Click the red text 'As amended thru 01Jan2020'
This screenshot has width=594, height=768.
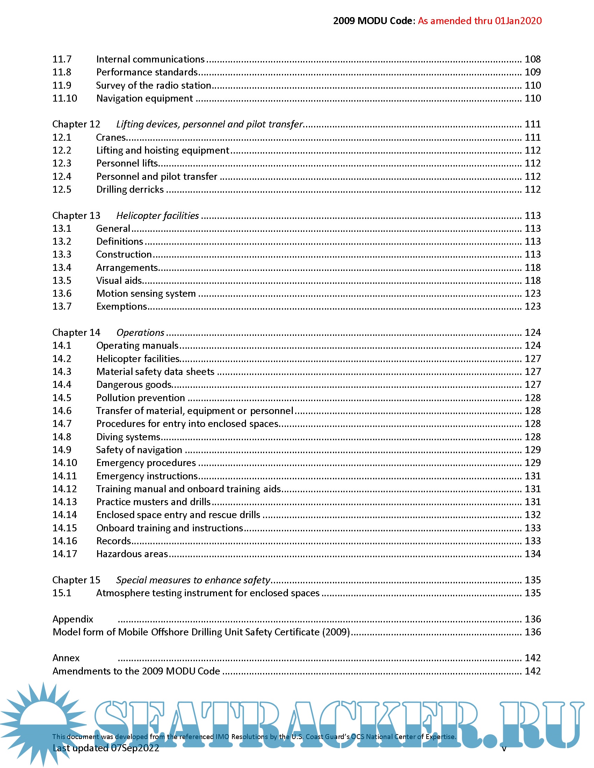tap(480, 21)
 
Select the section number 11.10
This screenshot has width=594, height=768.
tap(65, 98)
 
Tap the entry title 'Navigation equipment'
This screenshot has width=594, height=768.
tap(144, 98)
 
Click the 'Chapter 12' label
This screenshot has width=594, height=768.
tap(77, 124)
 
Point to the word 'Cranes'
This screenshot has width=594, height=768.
tap(111, 137)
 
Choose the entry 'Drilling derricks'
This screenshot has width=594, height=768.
tap(130, 189)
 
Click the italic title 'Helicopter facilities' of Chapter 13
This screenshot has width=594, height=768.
tap(157, 215)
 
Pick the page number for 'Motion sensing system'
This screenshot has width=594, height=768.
tap(533, 293)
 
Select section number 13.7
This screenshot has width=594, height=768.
tap(62, 306)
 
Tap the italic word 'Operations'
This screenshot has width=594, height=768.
tap(140, 332)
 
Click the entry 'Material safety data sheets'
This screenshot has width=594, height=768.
tap(155, 371)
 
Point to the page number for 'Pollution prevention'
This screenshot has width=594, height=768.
tap(533, 397)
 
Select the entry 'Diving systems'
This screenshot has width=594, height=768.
tap(128, 437)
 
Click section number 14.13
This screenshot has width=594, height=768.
tap(65, 502)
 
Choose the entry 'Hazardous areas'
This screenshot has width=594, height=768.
tap(132, 554)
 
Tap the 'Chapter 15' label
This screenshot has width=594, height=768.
tap(77, 580)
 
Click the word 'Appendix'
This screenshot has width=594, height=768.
tap(73, 619)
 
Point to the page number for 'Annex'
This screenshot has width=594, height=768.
tap(533, 658)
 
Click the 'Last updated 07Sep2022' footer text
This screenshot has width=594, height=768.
tap(106, 748)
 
